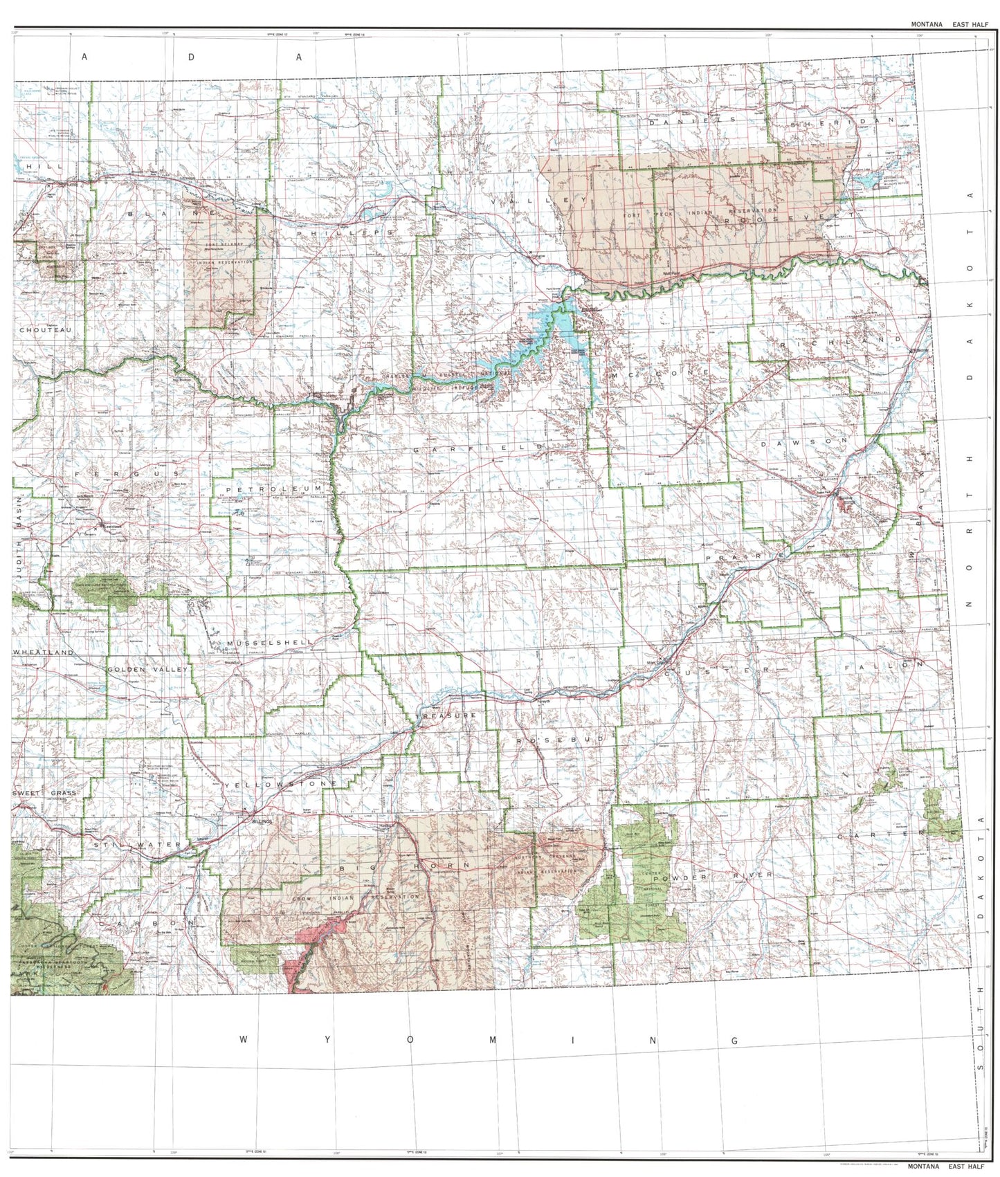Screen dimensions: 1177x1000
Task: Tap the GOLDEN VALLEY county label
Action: point(147,670)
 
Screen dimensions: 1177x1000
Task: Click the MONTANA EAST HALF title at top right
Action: point(949,24)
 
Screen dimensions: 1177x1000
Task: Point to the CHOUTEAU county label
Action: point(45,330)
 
